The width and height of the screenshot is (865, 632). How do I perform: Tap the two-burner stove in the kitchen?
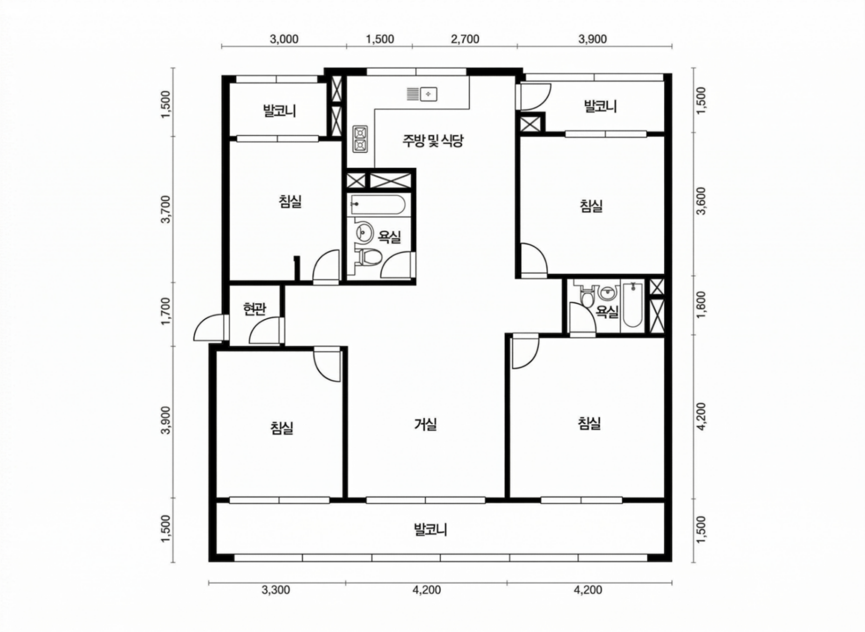(360, 139)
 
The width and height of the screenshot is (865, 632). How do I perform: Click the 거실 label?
(426, 424)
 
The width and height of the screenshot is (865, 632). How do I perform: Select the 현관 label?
(254, 309)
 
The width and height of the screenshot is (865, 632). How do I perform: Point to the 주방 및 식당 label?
(433, 140)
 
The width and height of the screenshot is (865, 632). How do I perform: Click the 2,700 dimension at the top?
(465, 39)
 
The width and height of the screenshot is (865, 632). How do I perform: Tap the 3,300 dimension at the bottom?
(276, 590)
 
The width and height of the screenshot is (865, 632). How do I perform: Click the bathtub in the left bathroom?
(378, 204)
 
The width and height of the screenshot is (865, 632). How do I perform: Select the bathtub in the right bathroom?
(632, 305)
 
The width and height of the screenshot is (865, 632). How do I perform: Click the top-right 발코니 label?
(600, 106)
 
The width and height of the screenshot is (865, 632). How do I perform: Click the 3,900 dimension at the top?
(592, 39)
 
